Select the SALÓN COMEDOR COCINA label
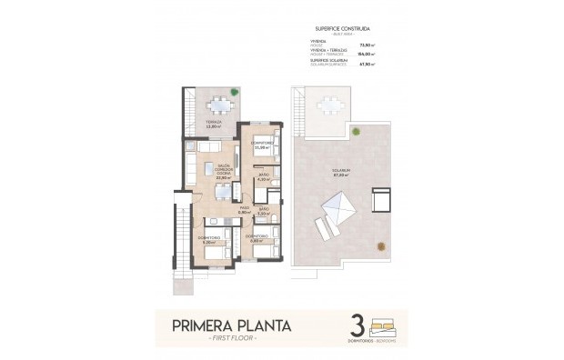(210, 171)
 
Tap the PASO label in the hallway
(244, 211)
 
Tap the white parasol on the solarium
(336, 213)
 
